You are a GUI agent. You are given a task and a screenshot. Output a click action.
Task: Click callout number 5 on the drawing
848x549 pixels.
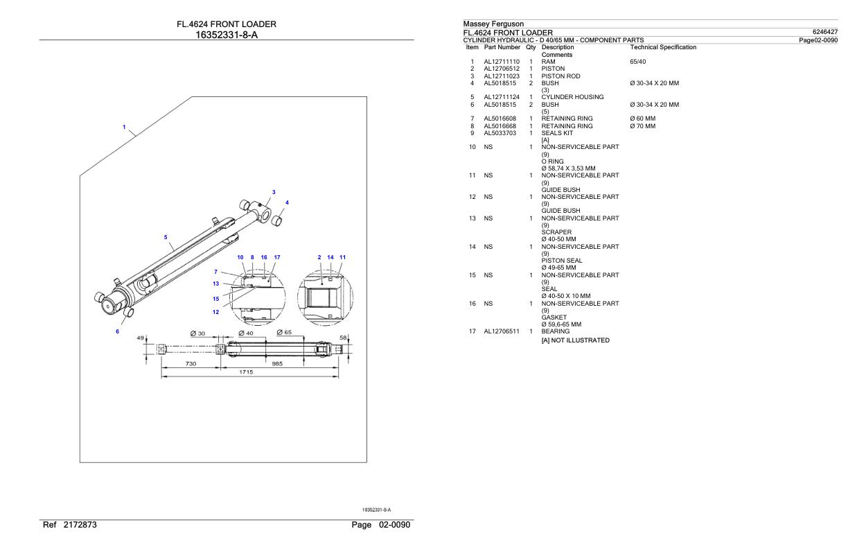click(x=166, y=237)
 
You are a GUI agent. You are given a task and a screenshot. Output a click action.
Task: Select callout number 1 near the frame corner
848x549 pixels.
click(x=124, y=128)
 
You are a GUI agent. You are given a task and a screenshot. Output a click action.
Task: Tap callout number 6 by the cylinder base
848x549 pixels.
click(x=117, y=331)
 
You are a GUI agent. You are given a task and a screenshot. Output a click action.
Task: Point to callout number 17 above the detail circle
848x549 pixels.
click(x=277, y=257)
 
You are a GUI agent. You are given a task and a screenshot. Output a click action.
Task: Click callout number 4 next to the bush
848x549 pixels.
click(x=287, y=202)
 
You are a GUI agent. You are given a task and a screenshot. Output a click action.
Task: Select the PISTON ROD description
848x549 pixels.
click(x=560, y=76)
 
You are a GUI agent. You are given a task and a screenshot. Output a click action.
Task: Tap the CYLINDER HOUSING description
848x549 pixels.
click(x=572, y=97)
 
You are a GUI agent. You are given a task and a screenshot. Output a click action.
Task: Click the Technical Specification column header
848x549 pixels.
click(x=663, y=47)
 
